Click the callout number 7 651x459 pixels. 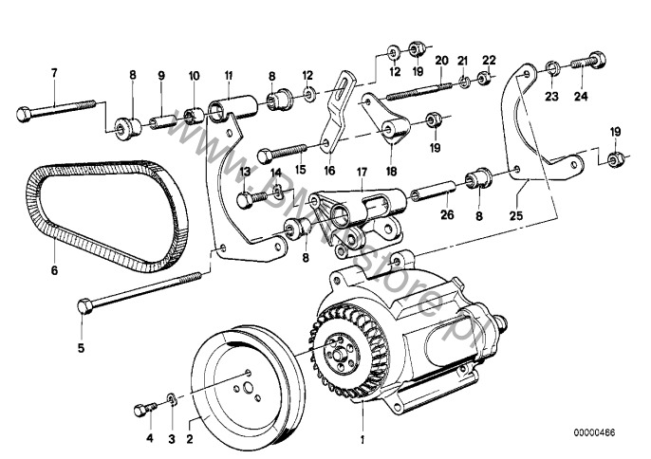pos(53,73)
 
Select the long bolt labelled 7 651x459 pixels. pos(57,112)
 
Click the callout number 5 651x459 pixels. pos(81,347)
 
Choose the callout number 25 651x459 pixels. pos(516,215)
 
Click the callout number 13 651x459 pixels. pos(244,173)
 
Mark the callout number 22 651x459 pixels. pos(489,59)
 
